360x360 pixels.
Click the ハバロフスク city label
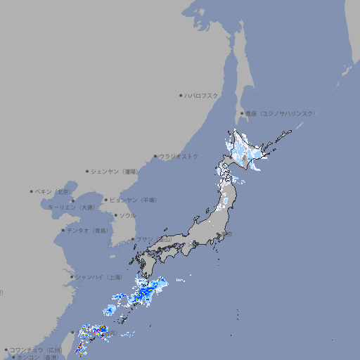point(202,96)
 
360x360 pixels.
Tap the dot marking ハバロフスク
point(181,96)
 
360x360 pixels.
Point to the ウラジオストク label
point(179,156)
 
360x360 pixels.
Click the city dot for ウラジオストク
point(155,156)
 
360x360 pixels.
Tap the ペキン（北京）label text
point(53,191)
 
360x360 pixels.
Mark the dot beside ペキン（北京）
point(32,191)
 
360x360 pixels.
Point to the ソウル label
point(127,215)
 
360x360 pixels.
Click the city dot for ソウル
point(115,215)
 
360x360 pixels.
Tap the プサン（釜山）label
point(154,239)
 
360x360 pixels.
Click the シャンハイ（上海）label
point(98,277)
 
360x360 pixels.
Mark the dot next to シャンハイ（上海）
point(72,277)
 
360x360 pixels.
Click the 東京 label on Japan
point(228,234)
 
